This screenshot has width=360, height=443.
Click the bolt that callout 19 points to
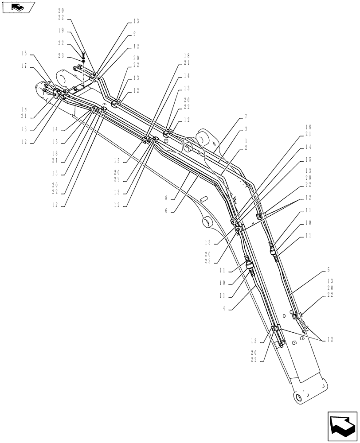point(83,54)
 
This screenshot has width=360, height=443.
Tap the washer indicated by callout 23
point(83,61)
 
